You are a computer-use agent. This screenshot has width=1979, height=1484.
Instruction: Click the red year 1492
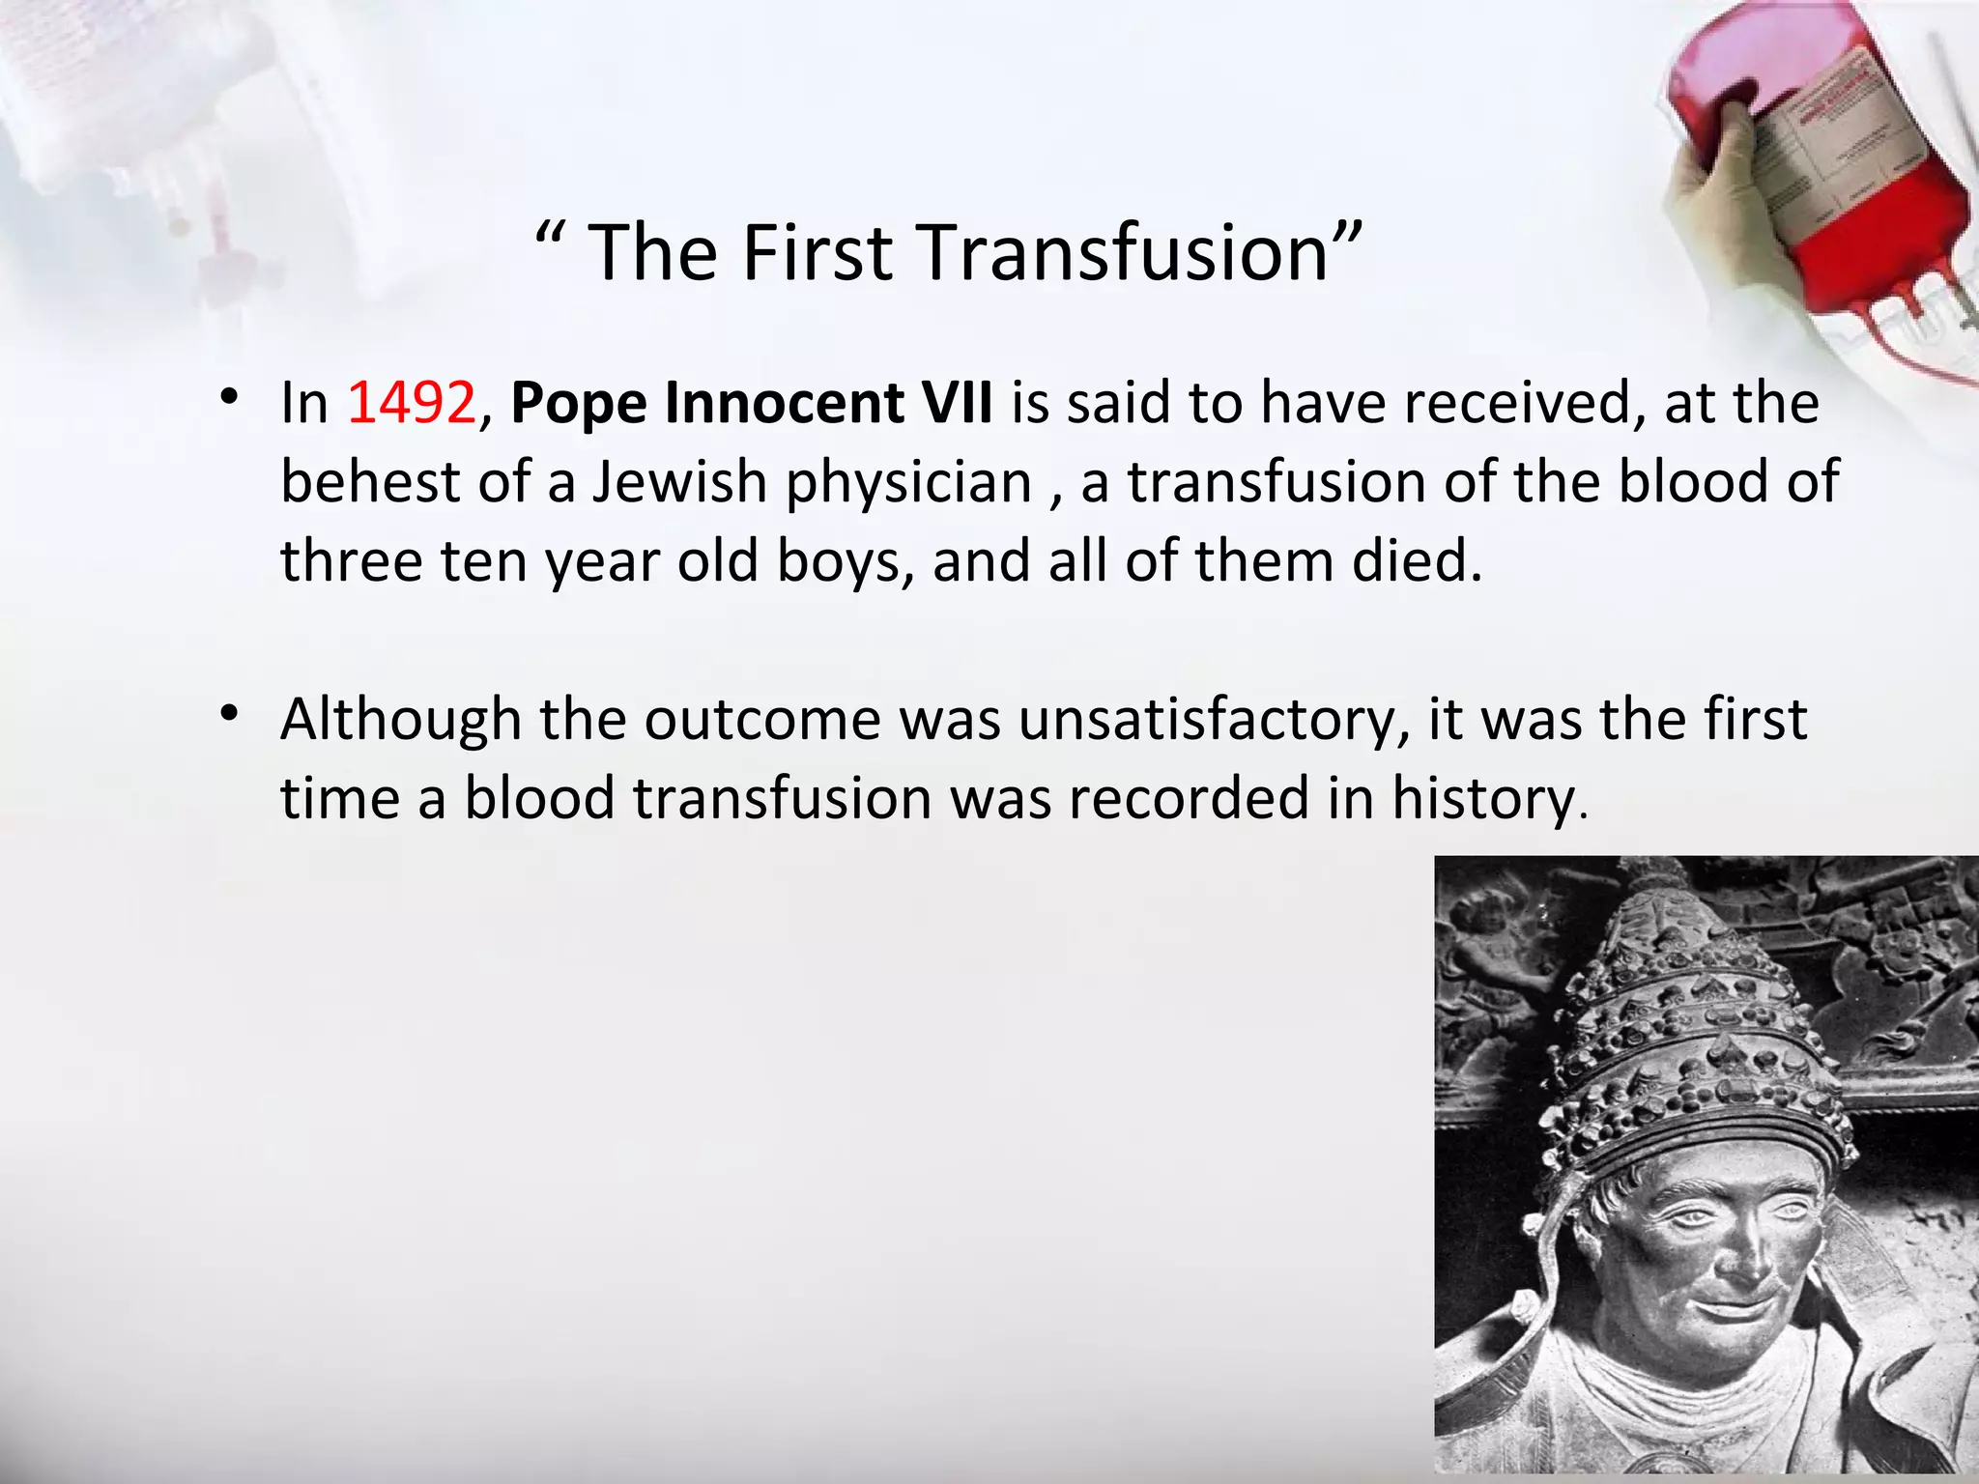point(412,403)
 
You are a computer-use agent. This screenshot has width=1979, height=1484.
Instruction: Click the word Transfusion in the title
point(1126,253)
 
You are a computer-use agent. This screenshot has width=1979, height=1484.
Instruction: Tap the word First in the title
point(817,253)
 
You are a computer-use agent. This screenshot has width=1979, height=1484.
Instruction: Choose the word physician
point(908,484)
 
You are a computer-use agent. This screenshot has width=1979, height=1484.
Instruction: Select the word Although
point(400,721)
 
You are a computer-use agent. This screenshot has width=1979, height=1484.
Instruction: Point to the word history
point(1485,800)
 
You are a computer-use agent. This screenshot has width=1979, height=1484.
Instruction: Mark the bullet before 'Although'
point(229,714)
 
